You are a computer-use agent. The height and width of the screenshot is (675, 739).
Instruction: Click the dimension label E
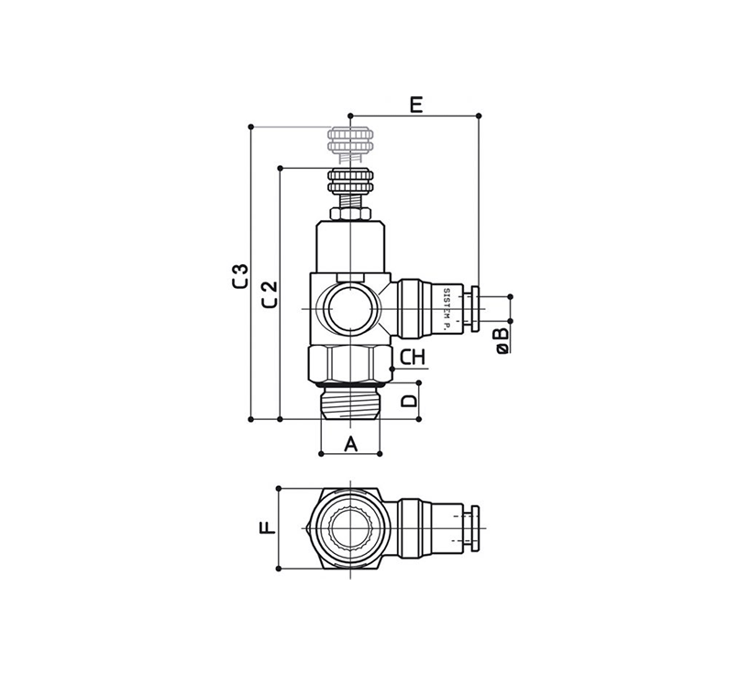415,105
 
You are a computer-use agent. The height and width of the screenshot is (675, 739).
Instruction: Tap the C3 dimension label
240,276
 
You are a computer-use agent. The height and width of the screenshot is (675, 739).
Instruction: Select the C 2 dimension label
270,294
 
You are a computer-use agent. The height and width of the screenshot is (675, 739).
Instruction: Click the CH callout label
413,358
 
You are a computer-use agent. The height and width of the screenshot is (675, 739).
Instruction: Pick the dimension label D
409,401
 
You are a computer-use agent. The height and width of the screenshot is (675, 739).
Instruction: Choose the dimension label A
350,444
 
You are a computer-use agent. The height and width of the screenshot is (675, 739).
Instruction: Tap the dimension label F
268,527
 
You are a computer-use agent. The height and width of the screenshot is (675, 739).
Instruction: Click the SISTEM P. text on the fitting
447,309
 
